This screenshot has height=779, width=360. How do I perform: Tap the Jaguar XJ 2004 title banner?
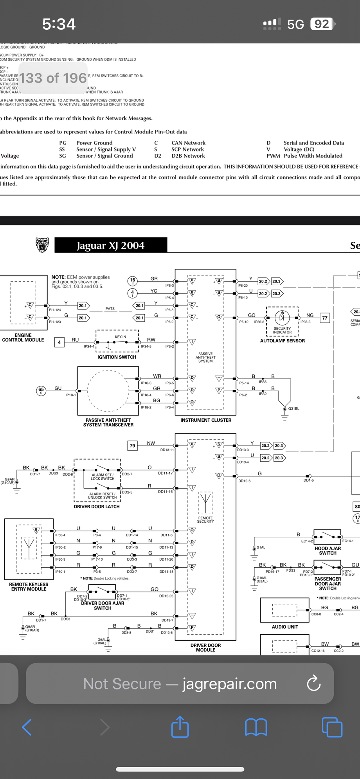click(x=111, y=245)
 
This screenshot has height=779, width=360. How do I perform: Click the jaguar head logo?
click(x=42, y=245)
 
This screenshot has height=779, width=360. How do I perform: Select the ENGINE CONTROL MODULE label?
click(x=23, y=338)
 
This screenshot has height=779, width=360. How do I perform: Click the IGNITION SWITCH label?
click(x=117, y=357)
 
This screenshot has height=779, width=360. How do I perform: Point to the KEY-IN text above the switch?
click(x=121, y=336)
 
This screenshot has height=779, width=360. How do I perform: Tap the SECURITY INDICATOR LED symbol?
click(x=282, y=317)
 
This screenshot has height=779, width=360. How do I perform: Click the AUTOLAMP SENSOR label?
click(x=282, y=341)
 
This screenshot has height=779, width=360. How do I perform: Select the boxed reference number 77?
click(x=325, y=318)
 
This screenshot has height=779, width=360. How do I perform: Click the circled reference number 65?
click(x=41, y=390)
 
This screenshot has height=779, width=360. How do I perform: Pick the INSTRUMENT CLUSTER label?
click(x=206, y=420)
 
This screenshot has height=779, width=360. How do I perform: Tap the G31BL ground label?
click(x=293, y=408)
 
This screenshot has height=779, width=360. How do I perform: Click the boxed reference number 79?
click(x=132, y=445)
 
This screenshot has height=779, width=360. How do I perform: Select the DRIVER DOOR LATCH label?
click(x=97, y=506)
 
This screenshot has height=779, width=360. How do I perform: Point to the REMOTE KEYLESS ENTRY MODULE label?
click(x=29, y=586)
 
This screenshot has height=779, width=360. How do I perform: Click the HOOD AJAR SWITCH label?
click(x=328, y=551)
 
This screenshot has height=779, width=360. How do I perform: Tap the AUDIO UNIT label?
click(x=285, y=627)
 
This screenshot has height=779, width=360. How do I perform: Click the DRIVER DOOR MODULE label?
click(x=206, y=648)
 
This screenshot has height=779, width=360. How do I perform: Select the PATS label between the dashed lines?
click(x=110, y=309)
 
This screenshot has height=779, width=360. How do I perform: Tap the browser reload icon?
click(x=313, y=684)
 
